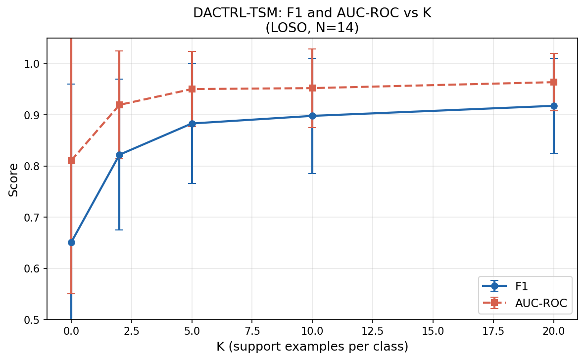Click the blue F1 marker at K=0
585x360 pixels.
(71, 242)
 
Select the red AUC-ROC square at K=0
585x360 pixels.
(71, 160)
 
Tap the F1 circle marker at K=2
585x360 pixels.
(119, 155)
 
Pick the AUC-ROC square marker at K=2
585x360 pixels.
(119, 105)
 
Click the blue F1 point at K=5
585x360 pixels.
(192, 124)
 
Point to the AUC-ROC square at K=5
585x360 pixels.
(192, 89)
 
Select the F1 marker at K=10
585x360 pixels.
(312, 116)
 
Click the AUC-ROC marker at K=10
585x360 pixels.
(312, 88)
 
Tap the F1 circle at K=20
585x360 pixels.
(554, 106)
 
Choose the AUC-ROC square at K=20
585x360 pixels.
(554, 82)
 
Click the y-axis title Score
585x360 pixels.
(14, 180)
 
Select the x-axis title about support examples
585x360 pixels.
(312, 347)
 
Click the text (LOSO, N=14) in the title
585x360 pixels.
(312, 28)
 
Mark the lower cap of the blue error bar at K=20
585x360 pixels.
(554, 153)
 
